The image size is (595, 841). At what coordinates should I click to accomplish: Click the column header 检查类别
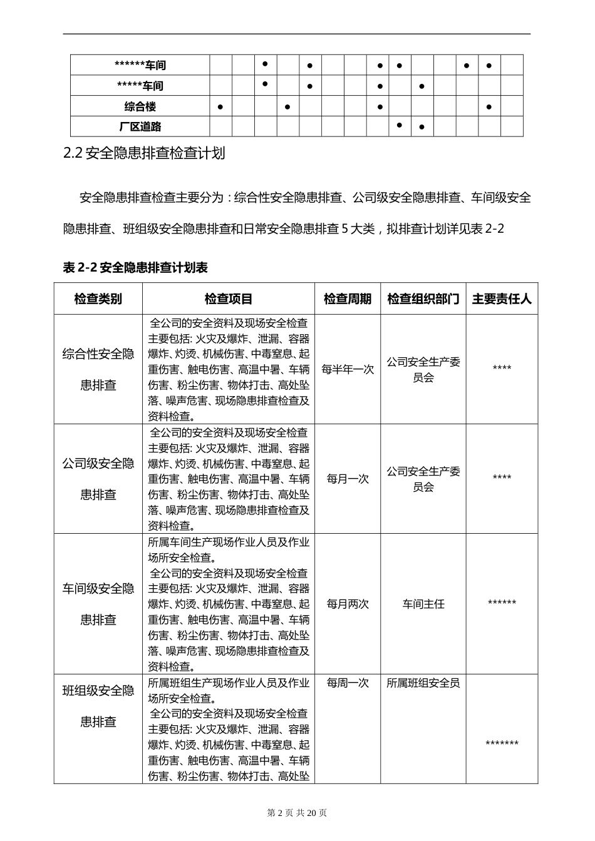[98, 299]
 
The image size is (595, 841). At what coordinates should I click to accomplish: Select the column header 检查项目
[229, 299]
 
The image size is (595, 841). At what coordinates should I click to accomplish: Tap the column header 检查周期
[348, 299]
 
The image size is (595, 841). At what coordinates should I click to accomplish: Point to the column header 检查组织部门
[423, 299]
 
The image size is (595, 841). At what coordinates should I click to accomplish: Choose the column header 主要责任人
[502, 299]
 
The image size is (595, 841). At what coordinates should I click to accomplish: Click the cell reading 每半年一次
[348, 369]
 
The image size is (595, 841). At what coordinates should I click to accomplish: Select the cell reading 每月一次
[348, 479]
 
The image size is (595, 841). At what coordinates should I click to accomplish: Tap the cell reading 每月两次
[348, 604]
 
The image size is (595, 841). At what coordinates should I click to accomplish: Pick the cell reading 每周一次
[348, 683]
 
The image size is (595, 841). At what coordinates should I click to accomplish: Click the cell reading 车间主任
[423, 604]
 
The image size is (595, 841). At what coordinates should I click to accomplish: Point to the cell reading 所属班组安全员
[423, 683]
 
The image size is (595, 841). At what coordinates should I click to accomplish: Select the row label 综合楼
[140, 106]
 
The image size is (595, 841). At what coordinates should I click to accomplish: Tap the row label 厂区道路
[140, 126]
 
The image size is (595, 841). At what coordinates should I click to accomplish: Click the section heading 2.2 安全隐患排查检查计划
[145, 153]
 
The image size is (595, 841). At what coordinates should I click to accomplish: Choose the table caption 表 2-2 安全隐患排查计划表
[136, 268]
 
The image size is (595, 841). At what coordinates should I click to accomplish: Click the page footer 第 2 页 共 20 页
[297, 813]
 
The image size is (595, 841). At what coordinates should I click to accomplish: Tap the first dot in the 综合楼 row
[220, 107]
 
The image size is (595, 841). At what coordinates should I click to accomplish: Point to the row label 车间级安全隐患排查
[98, 604]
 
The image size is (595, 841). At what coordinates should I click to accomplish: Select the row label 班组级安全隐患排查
[98, 706]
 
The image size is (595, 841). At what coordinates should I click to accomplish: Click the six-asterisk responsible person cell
[502, 603]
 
